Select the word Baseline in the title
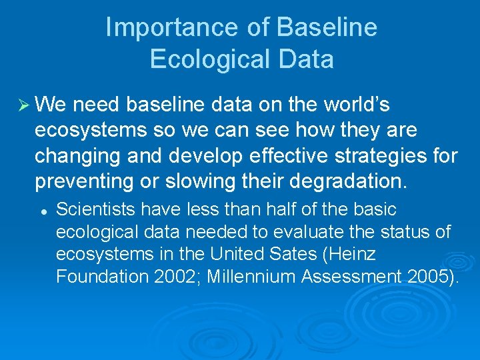point(327,28)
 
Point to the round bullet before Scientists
point(42,210)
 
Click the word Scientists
point(91,209)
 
